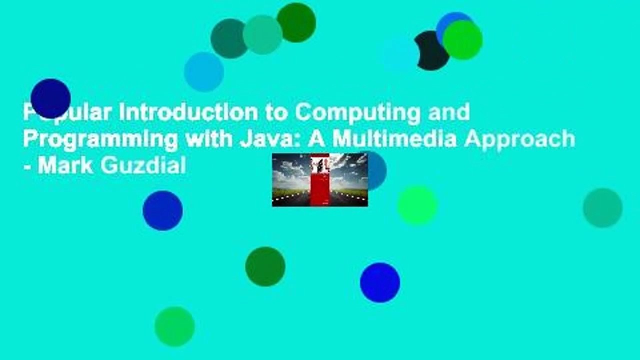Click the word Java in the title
point(270,138)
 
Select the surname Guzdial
point(143,164)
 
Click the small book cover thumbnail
point(319,179)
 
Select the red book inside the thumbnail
point(319,182)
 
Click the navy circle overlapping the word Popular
point(50,98)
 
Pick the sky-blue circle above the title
point(203,71)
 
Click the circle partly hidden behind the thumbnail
point(377,170)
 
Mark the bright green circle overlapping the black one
point(463,40)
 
